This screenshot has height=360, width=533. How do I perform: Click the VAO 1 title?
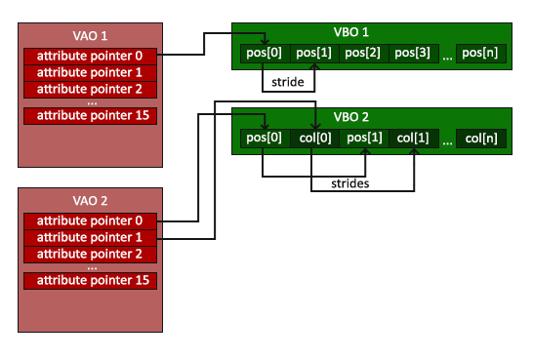(90, 35)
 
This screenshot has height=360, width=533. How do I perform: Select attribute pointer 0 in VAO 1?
(90, 56)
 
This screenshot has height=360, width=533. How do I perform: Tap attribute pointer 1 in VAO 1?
(90, 72)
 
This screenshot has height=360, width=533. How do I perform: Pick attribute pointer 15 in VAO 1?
(90, 116)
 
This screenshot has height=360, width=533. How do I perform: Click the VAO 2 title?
(90, 201)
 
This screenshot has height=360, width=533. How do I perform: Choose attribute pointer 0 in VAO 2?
(90, 220)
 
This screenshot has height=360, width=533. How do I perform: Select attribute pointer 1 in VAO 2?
(90, 237)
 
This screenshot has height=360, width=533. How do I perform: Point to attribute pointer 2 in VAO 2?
(90, 254)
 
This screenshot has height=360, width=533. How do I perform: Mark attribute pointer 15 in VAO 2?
(90, 281)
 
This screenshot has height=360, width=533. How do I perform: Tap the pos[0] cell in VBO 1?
(265, 53)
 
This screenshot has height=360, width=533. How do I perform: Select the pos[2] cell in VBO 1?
(363, 53)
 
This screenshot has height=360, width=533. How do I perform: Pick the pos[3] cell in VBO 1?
(413, 53)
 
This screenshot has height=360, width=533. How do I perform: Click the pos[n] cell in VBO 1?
(481, 53)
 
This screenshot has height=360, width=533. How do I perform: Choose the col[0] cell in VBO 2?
(314, 138)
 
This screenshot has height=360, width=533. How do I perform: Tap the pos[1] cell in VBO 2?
(363, 138)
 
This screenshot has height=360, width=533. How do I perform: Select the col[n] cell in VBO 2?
(481, 139)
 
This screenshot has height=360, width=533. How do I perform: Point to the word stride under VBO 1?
(289, 83)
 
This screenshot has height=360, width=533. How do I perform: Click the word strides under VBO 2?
(349, 182)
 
